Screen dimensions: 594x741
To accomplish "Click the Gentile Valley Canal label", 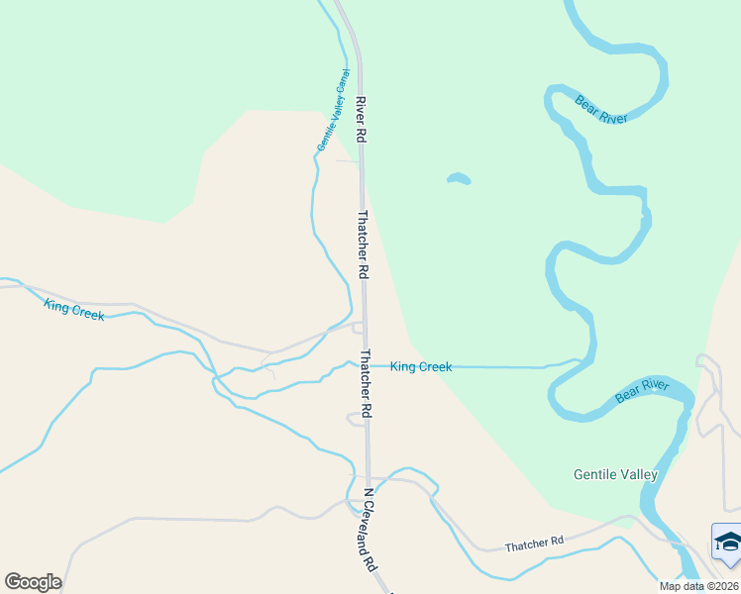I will [333, 110].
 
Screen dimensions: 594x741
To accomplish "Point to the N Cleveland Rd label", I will [370, 530].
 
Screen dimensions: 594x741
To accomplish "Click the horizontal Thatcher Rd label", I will [533, 544].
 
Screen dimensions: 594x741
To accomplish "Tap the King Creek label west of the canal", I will [74, 309].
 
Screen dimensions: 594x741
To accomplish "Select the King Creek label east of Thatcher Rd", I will [421, 367].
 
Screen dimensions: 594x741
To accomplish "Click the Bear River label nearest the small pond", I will [602, 108].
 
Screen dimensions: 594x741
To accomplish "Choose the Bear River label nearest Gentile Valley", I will [642, 390].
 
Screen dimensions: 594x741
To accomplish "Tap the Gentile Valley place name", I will [615, 474].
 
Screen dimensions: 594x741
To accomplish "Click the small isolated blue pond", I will [458, 179].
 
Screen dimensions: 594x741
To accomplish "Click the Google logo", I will [33, 582].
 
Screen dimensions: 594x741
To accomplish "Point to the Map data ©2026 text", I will [698, 586].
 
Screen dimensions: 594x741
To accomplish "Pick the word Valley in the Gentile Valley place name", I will [640, 474].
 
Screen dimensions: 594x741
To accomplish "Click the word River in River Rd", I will [362, 104].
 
